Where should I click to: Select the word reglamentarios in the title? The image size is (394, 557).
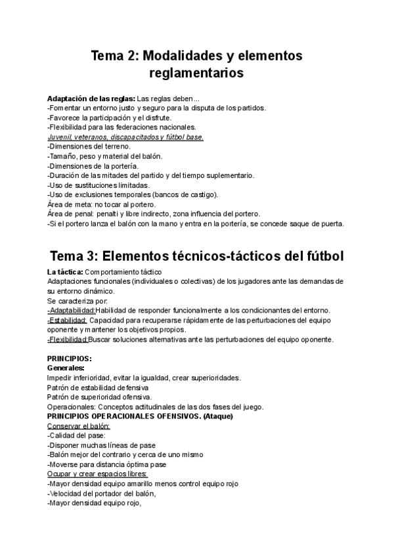coord(196,74)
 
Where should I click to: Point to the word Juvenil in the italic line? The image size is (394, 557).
coord(60,137)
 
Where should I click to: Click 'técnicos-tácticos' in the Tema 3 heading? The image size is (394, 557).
coord(229,254)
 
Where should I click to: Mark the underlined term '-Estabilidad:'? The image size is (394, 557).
coord(68,320)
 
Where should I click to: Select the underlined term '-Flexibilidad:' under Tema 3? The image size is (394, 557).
coord(70,340)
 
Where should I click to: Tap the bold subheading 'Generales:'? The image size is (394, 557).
coord(70,368)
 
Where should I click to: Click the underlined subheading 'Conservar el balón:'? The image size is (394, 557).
coord(79,426)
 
